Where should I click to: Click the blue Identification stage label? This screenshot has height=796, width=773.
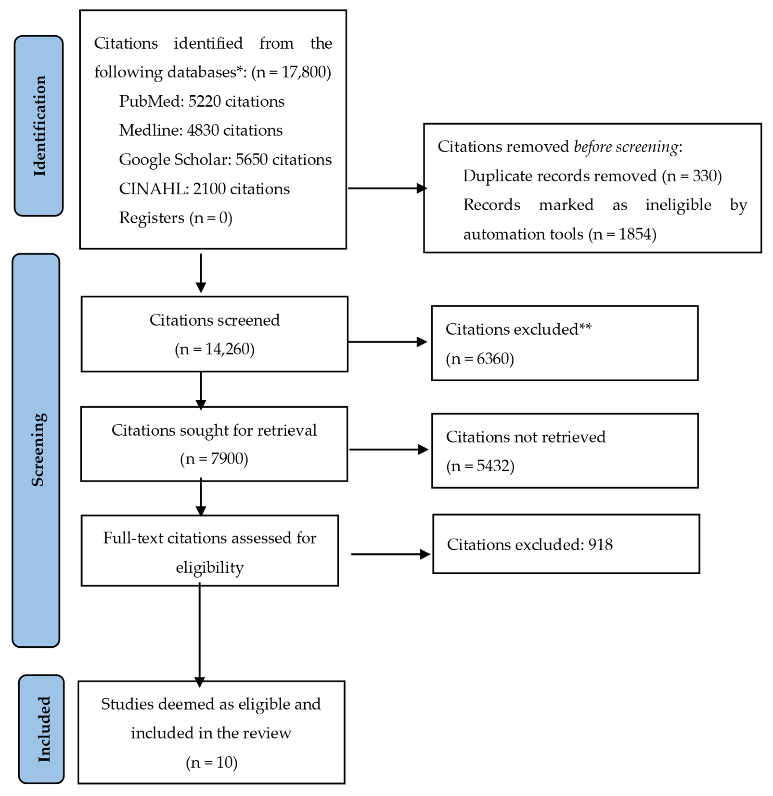[39, 126]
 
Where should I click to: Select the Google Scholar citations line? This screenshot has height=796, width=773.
[225, 159]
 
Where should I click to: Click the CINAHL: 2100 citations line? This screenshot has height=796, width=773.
[204, 189]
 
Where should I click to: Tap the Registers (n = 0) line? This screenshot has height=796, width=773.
[175, 218]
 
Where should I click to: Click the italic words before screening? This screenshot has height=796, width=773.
[625, 147]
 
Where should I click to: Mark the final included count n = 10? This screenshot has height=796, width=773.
[212, 762]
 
